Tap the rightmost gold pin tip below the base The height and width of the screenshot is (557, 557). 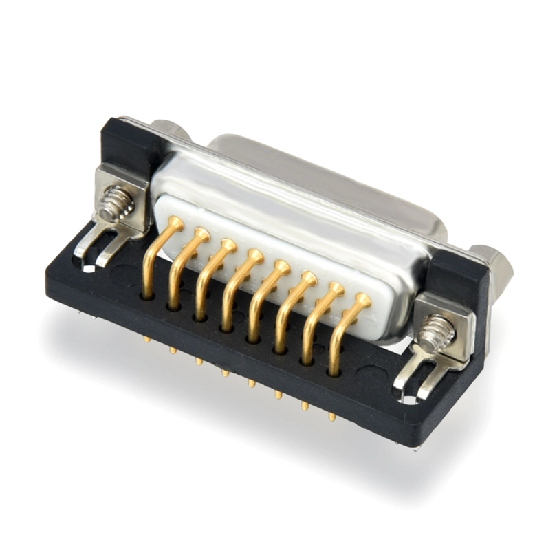332,416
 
